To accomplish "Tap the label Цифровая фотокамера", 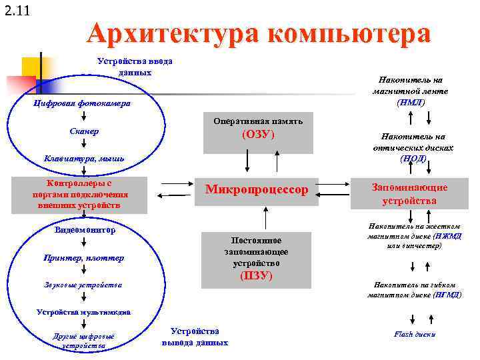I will pos(82,104).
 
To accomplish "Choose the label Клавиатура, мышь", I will pos(84,159).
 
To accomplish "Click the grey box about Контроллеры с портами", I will pos(79,194).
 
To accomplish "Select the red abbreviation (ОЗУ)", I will pos(257,135).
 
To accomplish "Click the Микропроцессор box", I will pos(257,190).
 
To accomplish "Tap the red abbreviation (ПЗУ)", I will pos(256,275).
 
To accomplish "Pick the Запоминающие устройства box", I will pos(409,193).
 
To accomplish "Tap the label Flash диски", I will pos(414,334).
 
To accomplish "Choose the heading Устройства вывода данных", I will pos(195,337).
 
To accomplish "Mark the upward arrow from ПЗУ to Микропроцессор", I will pos(267,219).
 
